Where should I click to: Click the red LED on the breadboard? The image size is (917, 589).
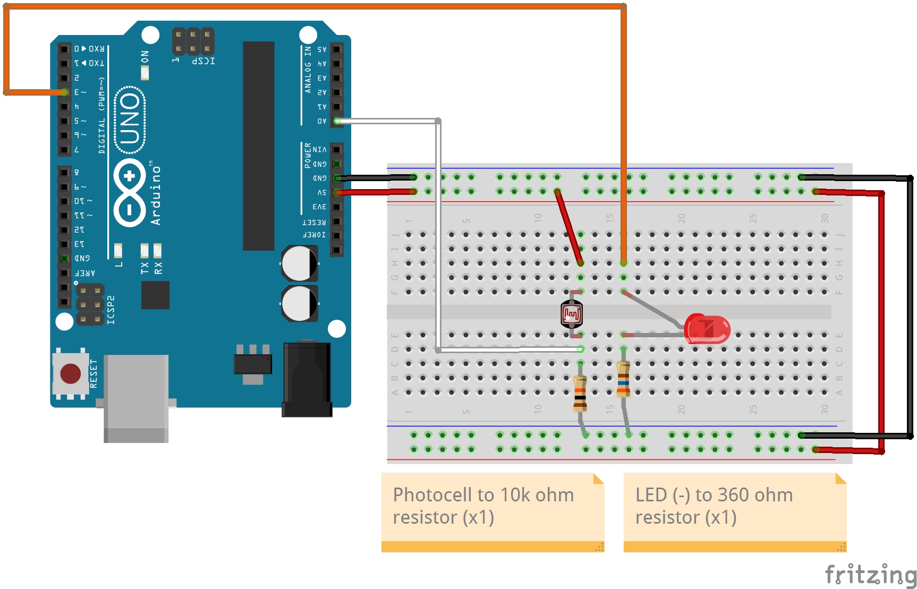(707, 329)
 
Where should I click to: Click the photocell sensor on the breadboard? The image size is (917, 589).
(572, 314)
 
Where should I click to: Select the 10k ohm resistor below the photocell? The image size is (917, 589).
(580, 394)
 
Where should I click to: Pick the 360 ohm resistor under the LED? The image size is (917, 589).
(623, 379)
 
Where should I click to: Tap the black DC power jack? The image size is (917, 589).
(307, 379)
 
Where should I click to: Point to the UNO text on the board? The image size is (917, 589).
(130, 119)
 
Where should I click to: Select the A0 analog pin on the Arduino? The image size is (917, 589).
(337, 121)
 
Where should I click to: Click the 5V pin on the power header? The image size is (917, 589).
(337, 192)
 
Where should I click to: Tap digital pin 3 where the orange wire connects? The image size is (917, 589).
(64, 92)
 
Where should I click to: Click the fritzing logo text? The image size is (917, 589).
(870, 575)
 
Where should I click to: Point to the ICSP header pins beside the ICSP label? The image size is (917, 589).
(193, 41)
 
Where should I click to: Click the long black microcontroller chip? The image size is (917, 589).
(259, 146)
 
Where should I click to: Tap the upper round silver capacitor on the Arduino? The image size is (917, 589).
(299, 263)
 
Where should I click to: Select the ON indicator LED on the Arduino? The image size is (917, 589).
(145, 73)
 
